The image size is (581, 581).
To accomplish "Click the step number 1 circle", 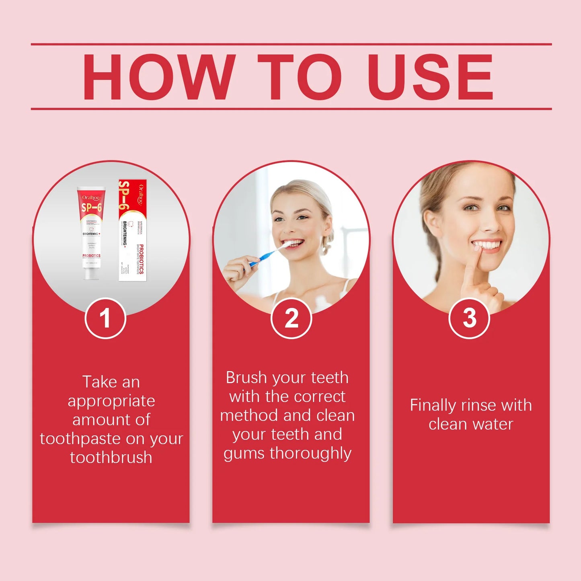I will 105,318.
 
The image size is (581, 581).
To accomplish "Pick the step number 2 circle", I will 291,318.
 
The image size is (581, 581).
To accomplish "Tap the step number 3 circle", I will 469,318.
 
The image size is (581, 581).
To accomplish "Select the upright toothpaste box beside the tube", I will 133,230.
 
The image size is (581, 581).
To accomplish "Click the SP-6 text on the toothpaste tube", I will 91,207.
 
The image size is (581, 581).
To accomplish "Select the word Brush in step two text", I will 246,378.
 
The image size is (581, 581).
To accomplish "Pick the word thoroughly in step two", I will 310,453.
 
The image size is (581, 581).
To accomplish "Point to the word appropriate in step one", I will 111,401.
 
